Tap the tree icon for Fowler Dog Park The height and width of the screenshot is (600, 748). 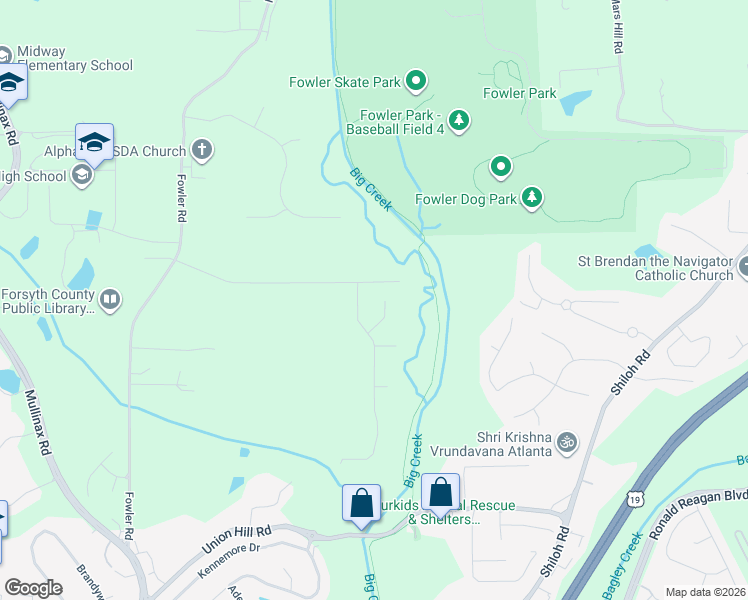[x=533, y=198]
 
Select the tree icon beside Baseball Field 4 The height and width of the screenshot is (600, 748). [x=458, y=120]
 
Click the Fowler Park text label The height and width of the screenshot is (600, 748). [x=519, y=93]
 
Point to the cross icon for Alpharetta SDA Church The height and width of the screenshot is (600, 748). [x=202, y=151]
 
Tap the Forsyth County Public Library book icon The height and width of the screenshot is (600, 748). [x=110, y=299]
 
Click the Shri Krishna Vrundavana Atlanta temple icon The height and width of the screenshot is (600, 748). [x=567, y=441]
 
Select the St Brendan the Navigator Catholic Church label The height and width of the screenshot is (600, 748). [x=655, y=269]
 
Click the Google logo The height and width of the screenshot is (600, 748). [x=33, y=587]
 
